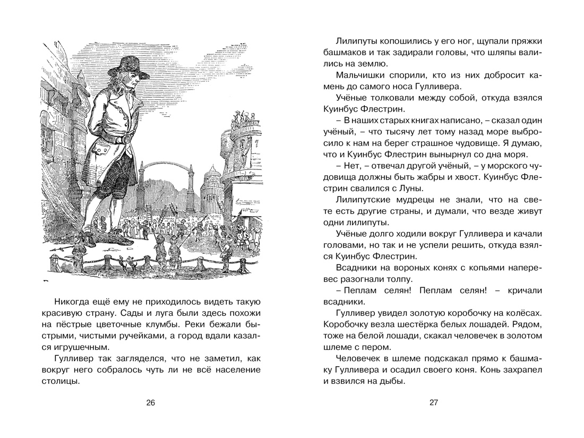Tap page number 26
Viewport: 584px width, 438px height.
(150, 403)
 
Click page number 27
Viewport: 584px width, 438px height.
(433, 403)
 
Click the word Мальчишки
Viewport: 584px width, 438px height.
(361, 74)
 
